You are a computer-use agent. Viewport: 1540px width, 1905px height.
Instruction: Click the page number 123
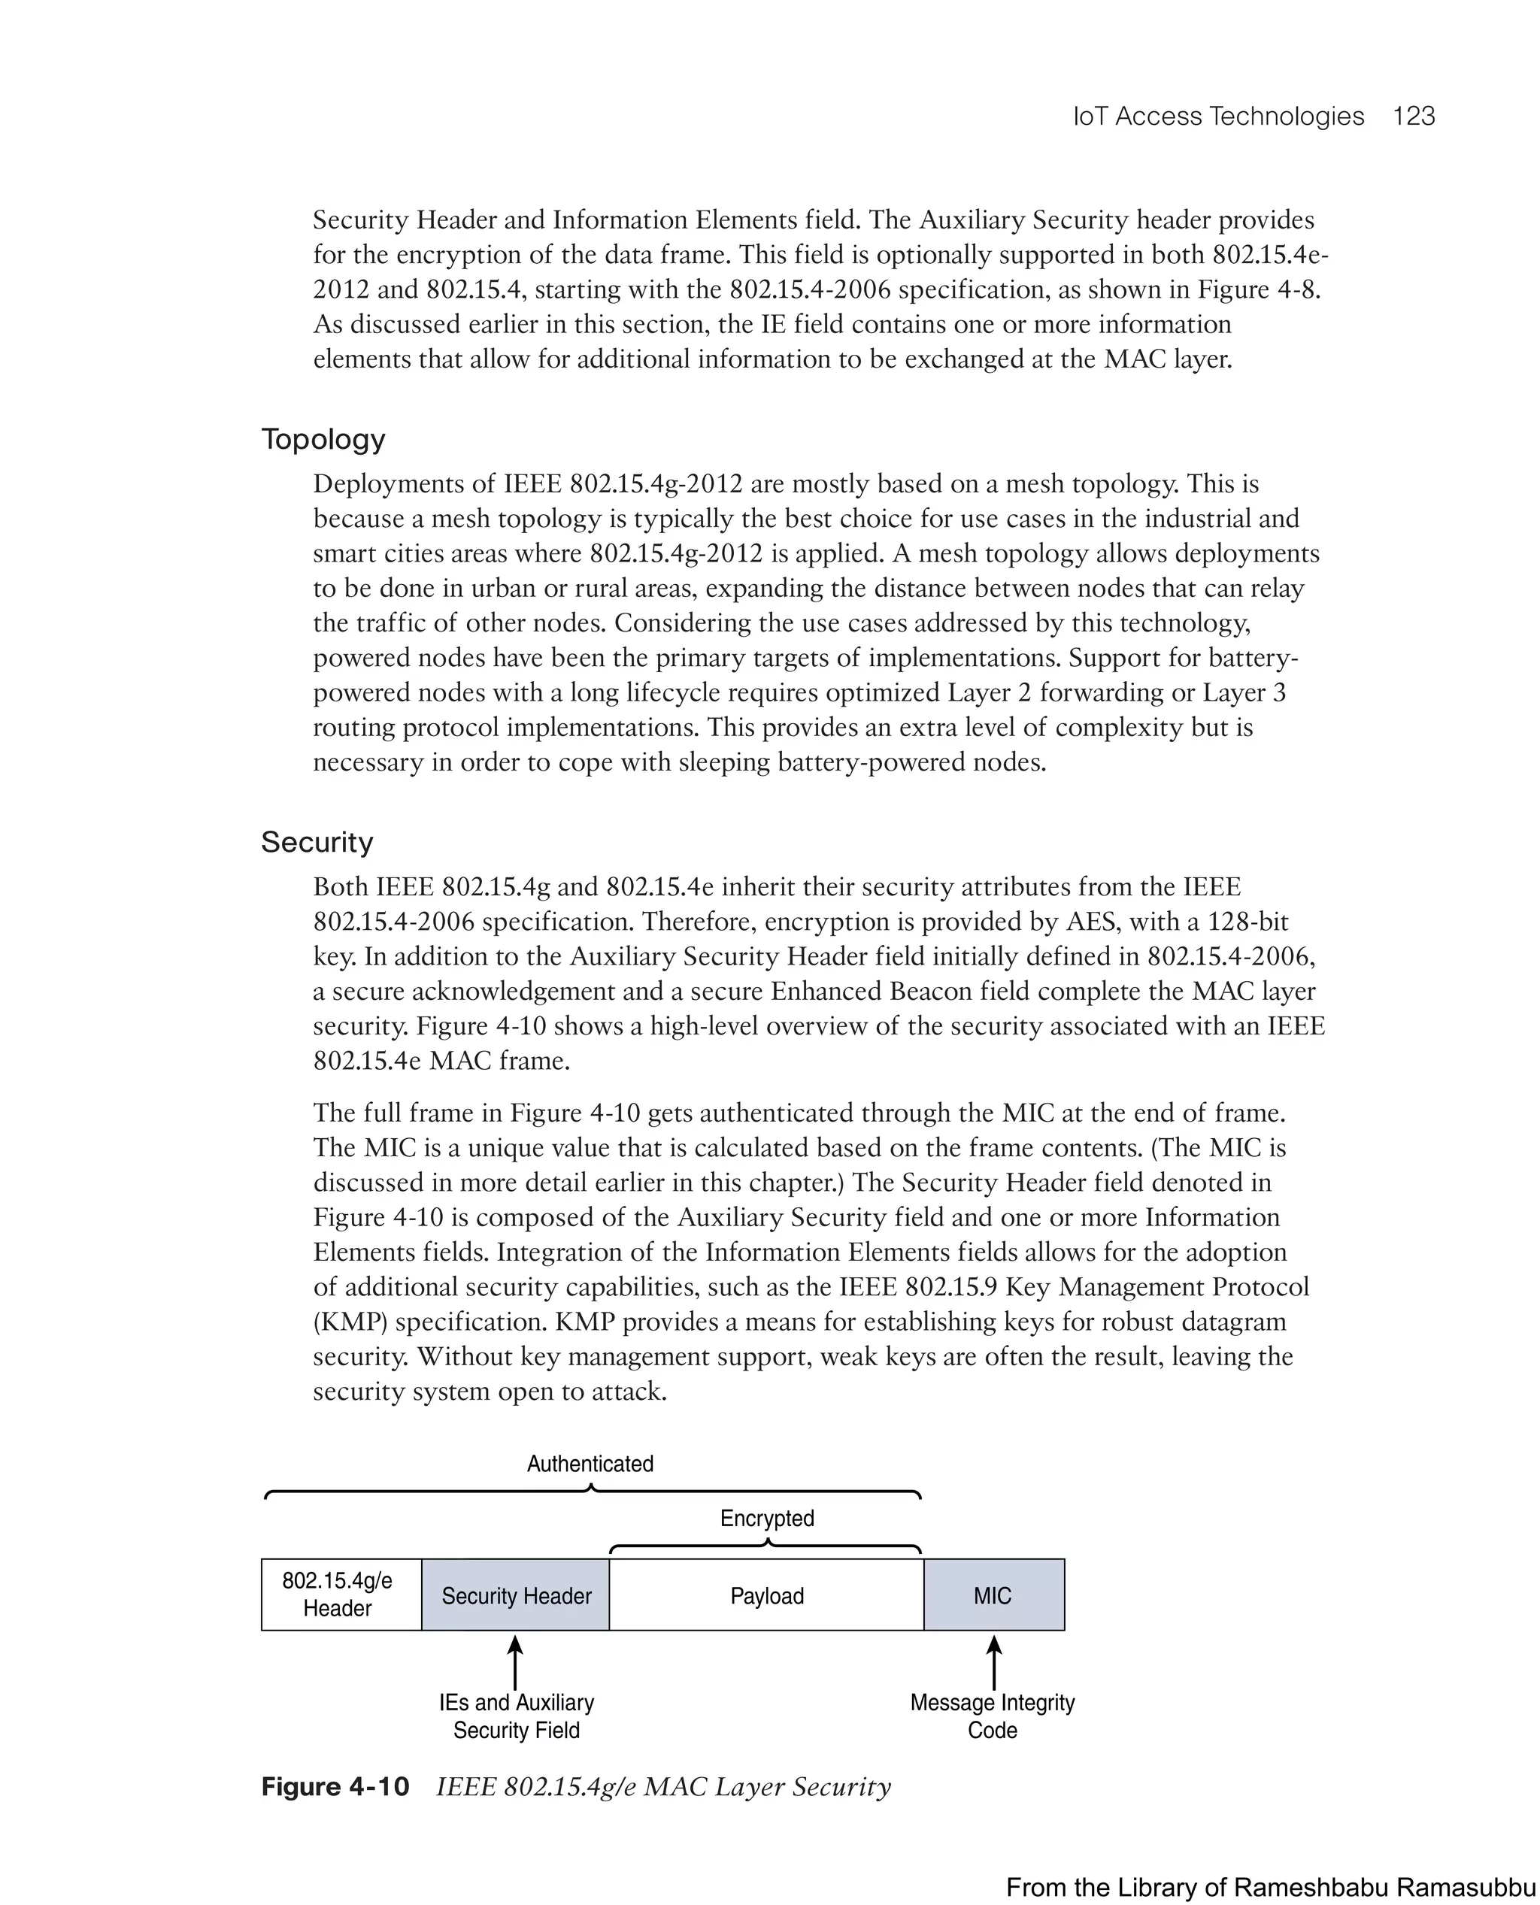[x=1413, y=117]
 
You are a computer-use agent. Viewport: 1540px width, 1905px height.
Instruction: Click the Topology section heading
[x=323, y=439]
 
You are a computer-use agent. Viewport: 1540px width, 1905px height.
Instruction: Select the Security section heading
[x=317, y=842]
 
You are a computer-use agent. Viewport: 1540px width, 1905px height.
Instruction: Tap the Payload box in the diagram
[x=766, y=1595]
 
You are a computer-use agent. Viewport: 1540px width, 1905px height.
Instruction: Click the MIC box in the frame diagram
[x=993, y=1595]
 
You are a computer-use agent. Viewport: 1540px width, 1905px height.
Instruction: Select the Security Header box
[x=515, y=1595]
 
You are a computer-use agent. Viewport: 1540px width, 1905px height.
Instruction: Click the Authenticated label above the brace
[x=590, y=1464]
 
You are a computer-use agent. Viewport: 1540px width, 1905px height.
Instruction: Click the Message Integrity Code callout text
[x=992, y=1716]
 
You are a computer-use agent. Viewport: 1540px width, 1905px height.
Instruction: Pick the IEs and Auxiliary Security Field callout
[x=517, y=1716]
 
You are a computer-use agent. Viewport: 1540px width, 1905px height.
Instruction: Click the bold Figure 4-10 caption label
[x=335, y=1786]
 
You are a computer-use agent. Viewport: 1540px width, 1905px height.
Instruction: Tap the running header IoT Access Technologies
[x=1218, y=117]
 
